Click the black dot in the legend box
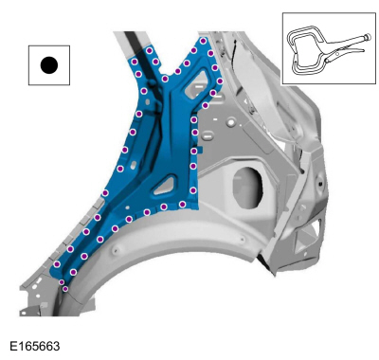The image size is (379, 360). click(x=49, y=65)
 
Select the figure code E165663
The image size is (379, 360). click(x=35, y=346)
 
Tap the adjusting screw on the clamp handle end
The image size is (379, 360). click(x=368, y=37)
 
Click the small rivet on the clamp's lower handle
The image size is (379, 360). click(x=337, y=54)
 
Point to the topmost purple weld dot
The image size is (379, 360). click(x=203, y=41)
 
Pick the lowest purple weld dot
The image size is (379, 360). click(x=65, y=289)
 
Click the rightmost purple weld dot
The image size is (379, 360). click(x=220, y=81)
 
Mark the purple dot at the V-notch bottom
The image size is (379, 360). click(x=165, y=79)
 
